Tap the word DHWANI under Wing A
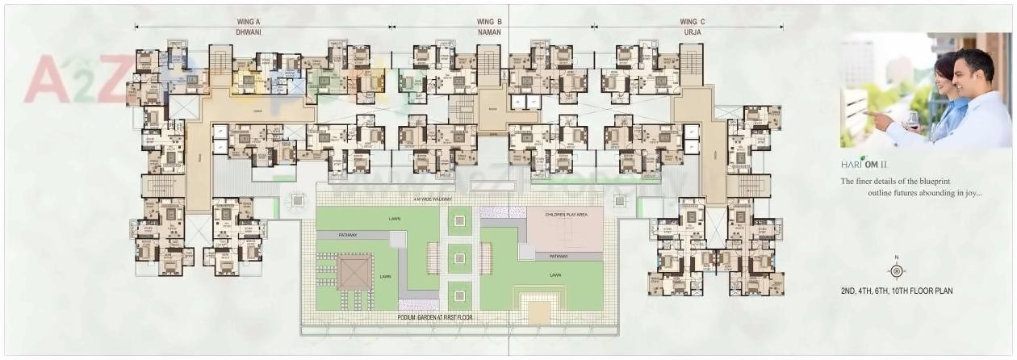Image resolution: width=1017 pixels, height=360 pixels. (249, 31)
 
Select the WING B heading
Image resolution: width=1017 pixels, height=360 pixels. (489, 22)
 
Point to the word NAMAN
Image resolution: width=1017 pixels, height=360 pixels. (489, 31)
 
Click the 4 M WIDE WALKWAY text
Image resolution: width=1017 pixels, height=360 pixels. (432, 199)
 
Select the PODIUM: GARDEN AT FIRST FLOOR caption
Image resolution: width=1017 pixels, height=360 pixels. (435, 317)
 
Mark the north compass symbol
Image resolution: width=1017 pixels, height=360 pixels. (895, 270)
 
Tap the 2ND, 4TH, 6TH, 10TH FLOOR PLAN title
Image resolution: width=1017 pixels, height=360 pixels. (896, 291)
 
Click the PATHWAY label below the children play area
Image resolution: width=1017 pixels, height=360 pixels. (558, 256)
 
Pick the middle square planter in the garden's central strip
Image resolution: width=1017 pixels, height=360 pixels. (458, 258)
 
